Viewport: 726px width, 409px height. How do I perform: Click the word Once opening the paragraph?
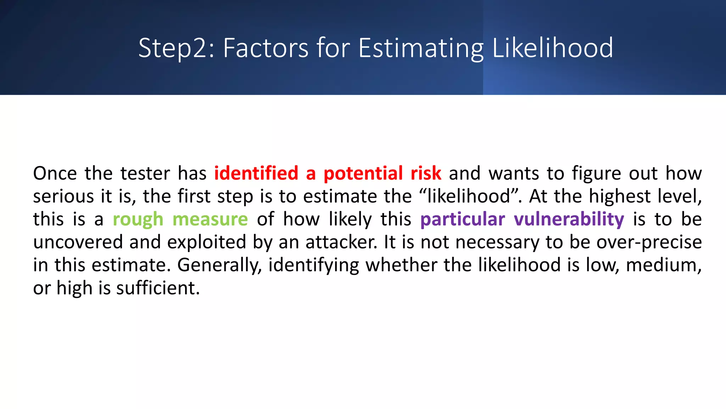[55, 174]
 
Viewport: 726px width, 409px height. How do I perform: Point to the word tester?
[145, 174]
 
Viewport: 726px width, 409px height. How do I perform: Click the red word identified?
[256, 174]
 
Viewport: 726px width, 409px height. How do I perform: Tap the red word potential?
[363, 174]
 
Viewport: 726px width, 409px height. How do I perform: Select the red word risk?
[426, 174]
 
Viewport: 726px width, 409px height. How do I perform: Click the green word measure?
[210, 219]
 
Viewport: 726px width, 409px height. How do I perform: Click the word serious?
[63, 196]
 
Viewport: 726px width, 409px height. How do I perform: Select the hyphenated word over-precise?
[649, 242]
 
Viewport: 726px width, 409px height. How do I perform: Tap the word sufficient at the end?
[158, 288]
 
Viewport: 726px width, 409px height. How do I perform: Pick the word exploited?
[207, 242]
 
